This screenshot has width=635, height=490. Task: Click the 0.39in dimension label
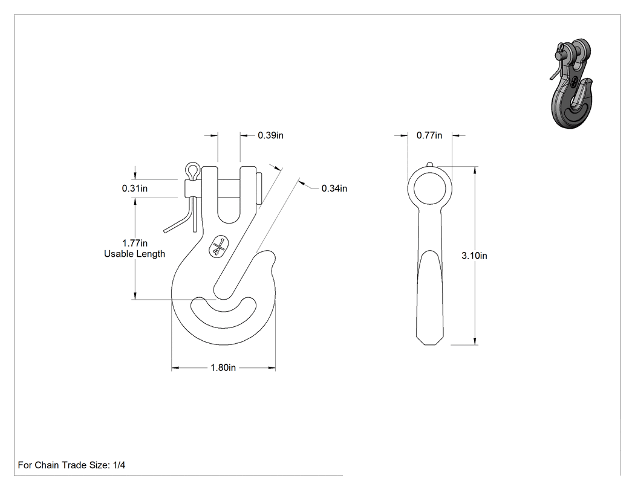[x=270, y=135]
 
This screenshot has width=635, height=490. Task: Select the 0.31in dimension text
[x=134, y=188]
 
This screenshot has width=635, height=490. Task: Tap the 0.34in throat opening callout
[x=334, y=188]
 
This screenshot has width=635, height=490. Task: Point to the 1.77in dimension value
[x=135, y=243]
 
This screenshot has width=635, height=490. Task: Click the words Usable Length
[x=134, y=254]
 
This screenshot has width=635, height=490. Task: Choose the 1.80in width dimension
[x=223, y=367]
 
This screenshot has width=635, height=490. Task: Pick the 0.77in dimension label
[x=429, y=135]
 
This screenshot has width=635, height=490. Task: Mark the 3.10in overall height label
[x=474, y=256]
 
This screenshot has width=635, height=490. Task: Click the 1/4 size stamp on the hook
[x=219, y=246]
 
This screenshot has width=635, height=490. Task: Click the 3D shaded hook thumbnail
[x=571, y=83]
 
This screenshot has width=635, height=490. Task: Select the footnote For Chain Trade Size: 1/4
[x=72, y=465]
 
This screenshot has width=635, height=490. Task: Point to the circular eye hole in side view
[x=429, y=189]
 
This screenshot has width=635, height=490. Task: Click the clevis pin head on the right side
[x=260, y=189]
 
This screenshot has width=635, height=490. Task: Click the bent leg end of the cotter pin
[x=165, y=231]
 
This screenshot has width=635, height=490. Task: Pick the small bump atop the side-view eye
[x=429, y=164]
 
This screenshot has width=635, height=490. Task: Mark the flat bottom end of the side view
[x=429, y=345]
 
